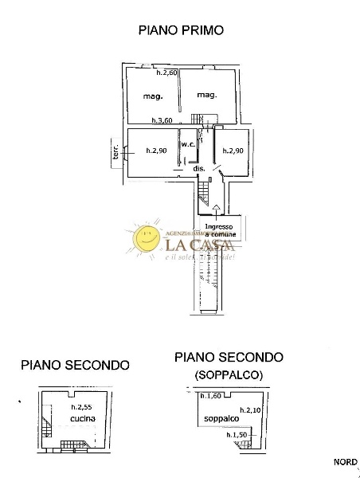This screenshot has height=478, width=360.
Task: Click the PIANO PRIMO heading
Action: point(180,30)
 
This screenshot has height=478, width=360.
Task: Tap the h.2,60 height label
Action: point(166,73)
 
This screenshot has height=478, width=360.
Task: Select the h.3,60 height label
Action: point(162,121)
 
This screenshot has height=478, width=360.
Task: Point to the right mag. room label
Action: point(208,96)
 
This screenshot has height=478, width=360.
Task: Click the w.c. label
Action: point(189,144)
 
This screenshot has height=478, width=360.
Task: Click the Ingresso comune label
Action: point(219,230)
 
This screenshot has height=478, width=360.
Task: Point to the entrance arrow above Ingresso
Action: point(217,210)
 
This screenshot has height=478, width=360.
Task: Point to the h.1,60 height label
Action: point(211,396)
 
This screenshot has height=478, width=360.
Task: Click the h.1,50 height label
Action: point(237,435)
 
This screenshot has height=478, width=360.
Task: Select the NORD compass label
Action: point(345,462)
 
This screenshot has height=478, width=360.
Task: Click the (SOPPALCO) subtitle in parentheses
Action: point(229,374)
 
